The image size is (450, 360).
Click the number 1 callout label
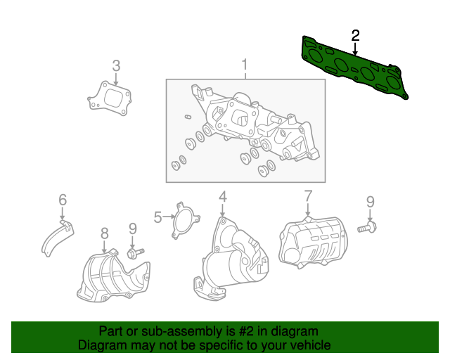click(245, 66)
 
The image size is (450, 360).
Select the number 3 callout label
click(116, 66)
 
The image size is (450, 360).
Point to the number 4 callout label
click(222, 197)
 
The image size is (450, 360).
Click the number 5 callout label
click(158, 217)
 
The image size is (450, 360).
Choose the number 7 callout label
click(307, 196)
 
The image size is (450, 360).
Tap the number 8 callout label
click(104, 233)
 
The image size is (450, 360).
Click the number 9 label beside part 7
click(370, 202)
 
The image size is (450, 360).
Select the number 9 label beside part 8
click(132, 229)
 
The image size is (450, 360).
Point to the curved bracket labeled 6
click(55, 238)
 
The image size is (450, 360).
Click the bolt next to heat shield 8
click(134, 252)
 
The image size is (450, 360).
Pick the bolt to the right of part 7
click(367, 227)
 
